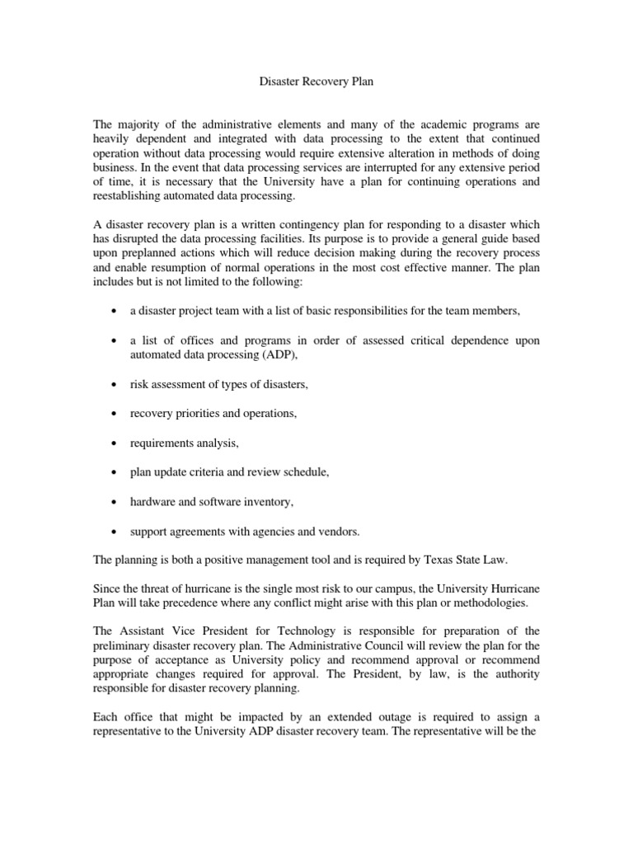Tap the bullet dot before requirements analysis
click(112, 443)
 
